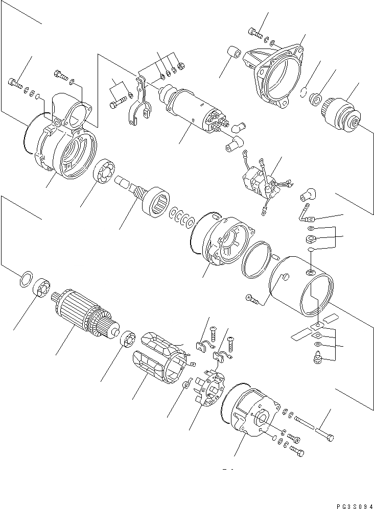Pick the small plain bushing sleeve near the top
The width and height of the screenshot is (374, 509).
tap(233, 53)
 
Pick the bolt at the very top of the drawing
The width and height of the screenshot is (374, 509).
tap(255, 33)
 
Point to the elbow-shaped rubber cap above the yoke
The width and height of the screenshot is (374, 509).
tap(309, 195)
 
